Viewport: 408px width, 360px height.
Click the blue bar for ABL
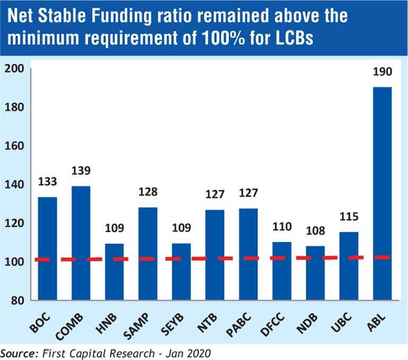pos(382,193)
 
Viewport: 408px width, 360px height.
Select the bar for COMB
pos(81,243)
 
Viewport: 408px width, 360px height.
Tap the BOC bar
pos(47,248)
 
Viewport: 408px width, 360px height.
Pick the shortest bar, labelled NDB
pos(315,273)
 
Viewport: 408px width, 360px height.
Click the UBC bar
pos(349,266)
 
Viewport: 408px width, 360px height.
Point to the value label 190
pos(382,72)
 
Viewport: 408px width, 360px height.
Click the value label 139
pos(81,171)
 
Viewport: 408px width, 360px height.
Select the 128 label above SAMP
pos(148,192)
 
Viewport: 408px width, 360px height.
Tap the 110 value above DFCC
pos(282,227)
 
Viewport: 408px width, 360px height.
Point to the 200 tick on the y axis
pos(14,69)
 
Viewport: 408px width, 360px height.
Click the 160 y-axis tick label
pos(14,146)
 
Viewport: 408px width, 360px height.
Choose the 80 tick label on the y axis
pos(17,301)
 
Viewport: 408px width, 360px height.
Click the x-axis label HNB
pos(107,323)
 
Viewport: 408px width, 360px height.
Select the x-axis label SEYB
pos(172,325)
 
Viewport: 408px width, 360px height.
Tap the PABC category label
pos(238,325)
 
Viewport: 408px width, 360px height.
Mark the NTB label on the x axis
pos(207,323)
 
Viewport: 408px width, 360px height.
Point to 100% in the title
pos(223,38)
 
